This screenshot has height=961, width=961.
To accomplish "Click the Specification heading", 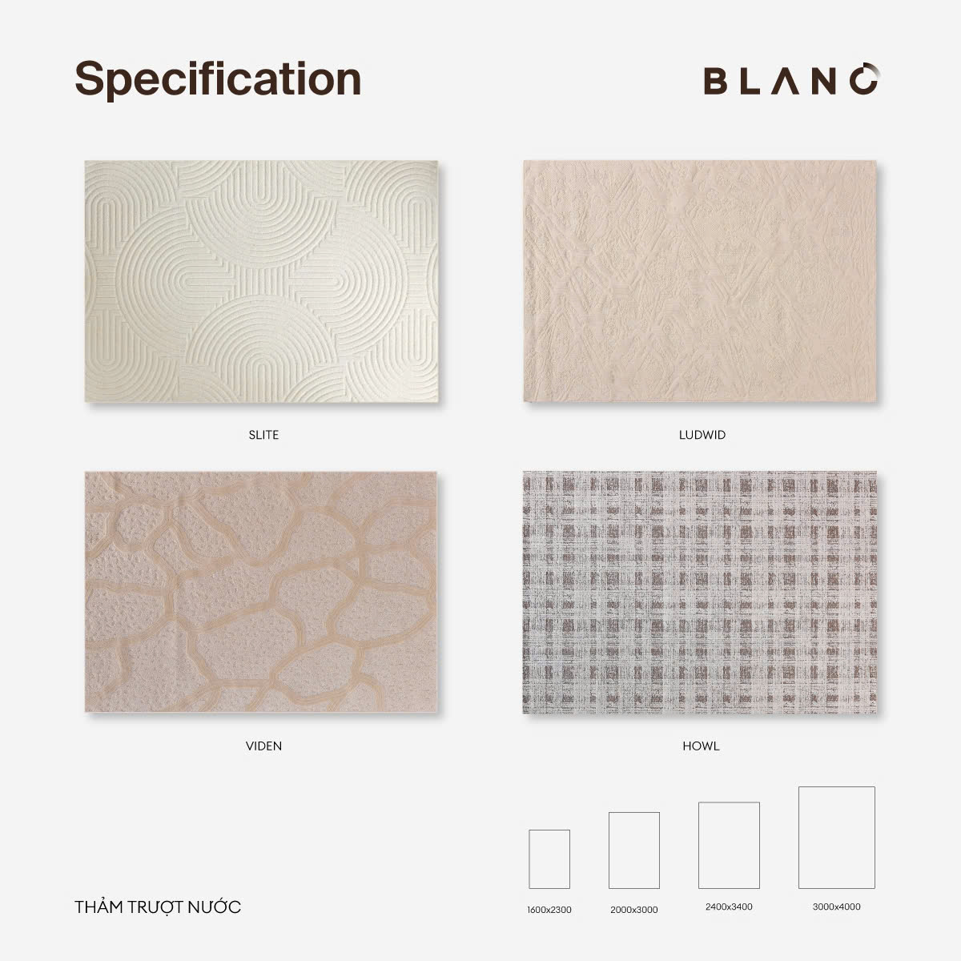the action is pyautogui.click(x=218, y=80).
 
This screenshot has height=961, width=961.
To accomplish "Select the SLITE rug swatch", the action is pyautogui.click(x=261, y=281).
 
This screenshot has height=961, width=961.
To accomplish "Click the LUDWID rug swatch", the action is pyautogui.click(x=700, y=281).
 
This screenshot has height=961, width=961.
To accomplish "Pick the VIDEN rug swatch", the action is pyautogui.click(x=261, y=592).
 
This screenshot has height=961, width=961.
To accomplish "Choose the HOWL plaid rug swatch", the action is pyautogui.click(x=700, y=592).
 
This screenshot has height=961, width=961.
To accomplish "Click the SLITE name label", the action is pyautogui.click(x=263, y=435).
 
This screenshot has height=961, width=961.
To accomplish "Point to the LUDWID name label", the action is pyautogui.click(x=702, y=435).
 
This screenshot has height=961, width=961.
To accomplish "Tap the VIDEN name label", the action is pyautogui.click(x=263, y=746).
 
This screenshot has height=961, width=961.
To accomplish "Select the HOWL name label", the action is pyautogui.click(x=702, y=746).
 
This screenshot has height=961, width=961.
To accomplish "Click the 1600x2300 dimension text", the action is pyautogui.click(x=549, y=910).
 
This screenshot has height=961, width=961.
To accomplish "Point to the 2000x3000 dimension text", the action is pyautogui.click(x=633, y=910).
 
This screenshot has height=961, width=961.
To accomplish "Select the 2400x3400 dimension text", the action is pyautogui.click(x=729, y=907).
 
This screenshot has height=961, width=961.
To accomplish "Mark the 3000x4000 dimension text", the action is pyautogui.click(x=836, y=907).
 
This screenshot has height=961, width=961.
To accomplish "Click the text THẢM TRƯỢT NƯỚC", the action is pyautogui.click(x=158, y=907).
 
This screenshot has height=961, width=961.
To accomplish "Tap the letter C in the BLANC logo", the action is pyautogui.click(x=865, y=78).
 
